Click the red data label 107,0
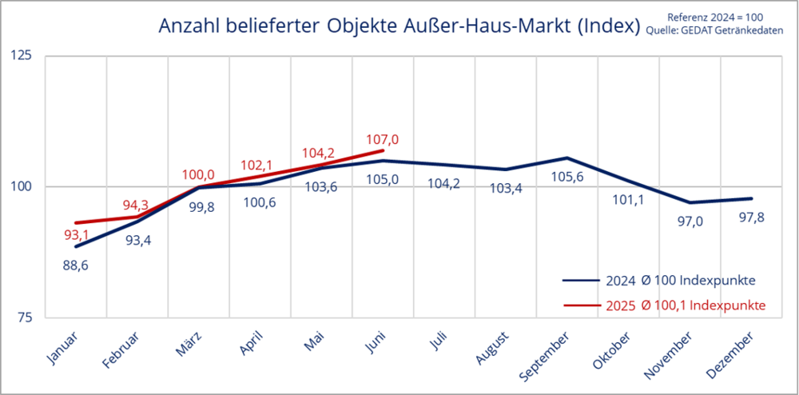click(x=382, y=139)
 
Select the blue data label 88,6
click(x=75, y=265)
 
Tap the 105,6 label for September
click(x=566, y=178)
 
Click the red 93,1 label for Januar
click(x=75, y=236)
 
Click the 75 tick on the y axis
click(x=26, y=317)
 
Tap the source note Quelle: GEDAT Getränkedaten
click(x=725, y=31)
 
